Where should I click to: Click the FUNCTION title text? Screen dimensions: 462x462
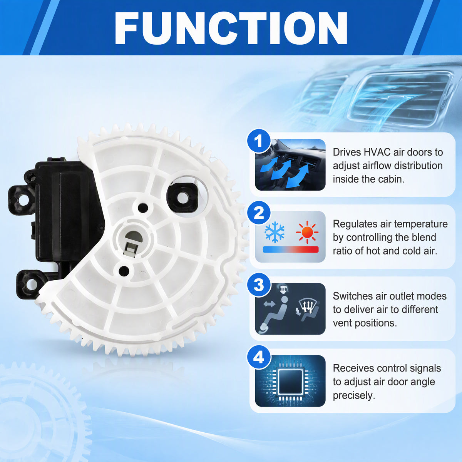point(231,28)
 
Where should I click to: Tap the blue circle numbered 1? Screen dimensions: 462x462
point(259,141)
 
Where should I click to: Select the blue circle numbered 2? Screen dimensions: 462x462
point(259,213)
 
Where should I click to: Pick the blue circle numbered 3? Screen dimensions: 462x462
point(259,285)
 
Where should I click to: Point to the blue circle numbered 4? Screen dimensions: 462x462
point(259,357)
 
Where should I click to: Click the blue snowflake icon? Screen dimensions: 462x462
point(275,232)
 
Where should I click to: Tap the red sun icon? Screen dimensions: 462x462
point(307,232)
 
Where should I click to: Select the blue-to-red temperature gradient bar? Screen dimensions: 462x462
point(291,249)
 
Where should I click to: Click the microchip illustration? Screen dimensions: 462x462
point(290,381)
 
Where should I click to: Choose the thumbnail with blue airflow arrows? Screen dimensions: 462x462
point(290,165)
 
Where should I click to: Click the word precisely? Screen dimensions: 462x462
point(354,395)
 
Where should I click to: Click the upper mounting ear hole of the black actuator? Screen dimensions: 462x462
point(23,201)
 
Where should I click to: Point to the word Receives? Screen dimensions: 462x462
point(353,368)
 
